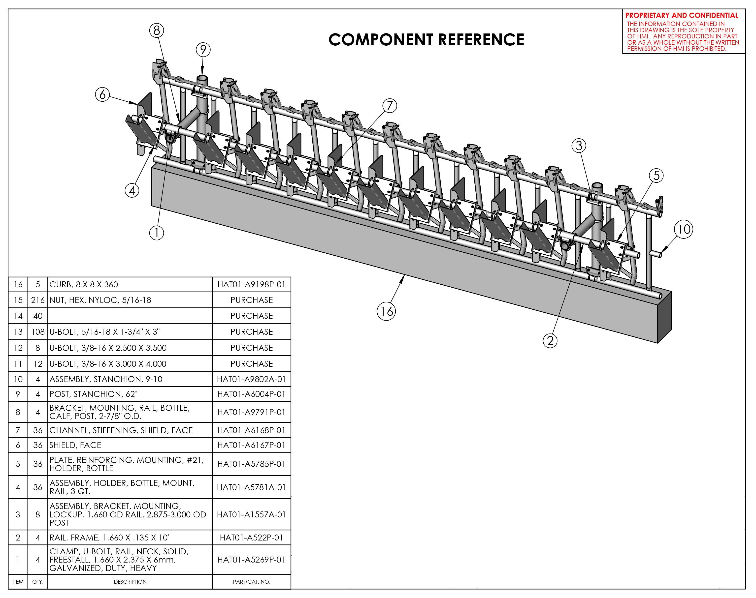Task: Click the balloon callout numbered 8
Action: coord(157,30)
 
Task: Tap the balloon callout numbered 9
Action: coord(203,50)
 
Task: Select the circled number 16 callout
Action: coord(386,311)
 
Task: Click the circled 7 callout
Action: coord(390,105)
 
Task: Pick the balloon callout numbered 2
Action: coord(550,341)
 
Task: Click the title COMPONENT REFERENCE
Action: coord(426,40)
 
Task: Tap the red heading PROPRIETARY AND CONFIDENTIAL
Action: coord(681,15)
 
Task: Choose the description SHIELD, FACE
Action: coord(75,445)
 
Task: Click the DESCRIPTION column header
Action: coord(130,582)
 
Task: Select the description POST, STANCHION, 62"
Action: coord(93,394)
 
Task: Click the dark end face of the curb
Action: coord(664,317)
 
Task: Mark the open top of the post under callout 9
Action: coord(202,78)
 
